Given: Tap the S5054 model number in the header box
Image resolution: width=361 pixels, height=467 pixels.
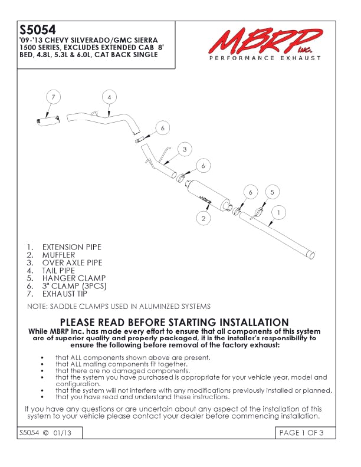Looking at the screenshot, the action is [x=38, y=30].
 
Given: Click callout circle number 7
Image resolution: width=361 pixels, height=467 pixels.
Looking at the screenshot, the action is [x=53, y=97].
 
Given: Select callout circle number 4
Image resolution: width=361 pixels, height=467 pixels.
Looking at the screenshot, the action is [x=109, y=97].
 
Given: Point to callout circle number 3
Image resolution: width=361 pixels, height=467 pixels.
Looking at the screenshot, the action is [x=185, y=149].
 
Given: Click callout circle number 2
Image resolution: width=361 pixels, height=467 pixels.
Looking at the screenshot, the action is [x=204, y=219].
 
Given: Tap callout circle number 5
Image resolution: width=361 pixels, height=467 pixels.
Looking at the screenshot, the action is [x=272, y=192].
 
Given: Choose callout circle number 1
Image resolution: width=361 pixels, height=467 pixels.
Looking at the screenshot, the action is [x=278, y=213].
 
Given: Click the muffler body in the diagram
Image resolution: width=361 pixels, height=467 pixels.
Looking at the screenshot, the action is [x=208, y=195].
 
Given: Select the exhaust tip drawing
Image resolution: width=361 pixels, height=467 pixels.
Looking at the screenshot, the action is [x=48, y=120].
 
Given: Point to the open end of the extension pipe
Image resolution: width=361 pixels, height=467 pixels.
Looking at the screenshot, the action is [x=311, y=255].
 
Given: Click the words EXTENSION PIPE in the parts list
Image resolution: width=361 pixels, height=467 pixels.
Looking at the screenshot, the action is [x=72, y=247].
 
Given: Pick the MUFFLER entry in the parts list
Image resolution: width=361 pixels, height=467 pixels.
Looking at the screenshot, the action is [x=58, y=255].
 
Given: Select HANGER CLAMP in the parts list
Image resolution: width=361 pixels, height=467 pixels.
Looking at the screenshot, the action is [x=74, y=278].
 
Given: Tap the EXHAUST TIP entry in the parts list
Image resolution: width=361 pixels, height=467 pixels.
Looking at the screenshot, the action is [x=65, y=294].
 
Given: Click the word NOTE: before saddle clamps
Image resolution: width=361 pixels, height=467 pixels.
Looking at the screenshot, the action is [x=37, y=307].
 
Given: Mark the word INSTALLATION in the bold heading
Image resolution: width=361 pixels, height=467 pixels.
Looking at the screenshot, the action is [x=254, y=323].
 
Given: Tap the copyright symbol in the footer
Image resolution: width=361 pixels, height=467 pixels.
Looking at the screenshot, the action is [x=46, y=433].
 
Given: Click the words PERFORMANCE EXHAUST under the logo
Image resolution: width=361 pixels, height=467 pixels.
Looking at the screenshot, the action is [x=265, y=58].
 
